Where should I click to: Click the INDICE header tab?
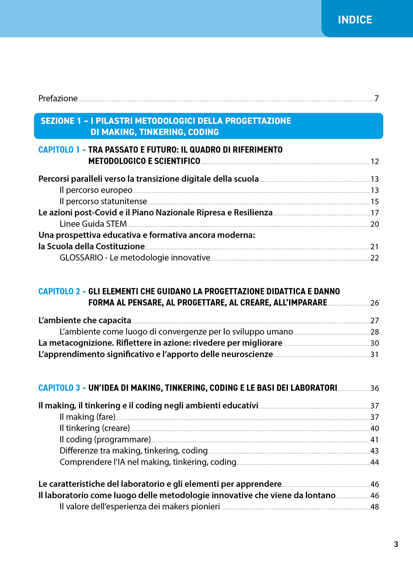click(x=355, y=19)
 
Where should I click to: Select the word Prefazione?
click(x=58, y=98)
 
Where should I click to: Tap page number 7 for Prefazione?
click(x=376, y=98)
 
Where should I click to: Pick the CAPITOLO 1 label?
click(x=59, y=150)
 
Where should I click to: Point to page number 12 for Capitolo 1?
click(x=375, y=161)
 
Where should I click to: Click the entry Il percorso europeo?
click(x=96, y=190)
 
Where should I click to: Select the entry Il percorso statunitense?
click(x=103, y=201)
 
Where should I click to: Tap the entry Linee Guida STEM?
click(x=93, y=224)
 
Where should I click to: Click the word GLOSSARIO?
click(x=81, y=258)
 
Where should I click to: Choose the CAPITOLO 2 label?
click(x=59, y=292)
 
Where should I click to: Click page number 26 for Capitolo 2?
click(x=375, y=303)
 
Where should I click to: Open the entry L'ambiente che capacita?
click(x=85, y=320)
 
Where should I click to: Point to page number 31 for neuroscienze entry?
click(x=375, y=354)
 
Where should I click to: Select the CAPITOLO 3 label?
click(x=59, y=388)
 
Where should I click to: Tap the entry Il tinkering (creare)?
click(x=95, y=428)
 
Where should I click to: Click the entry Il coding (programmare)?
click(x=105, y=439)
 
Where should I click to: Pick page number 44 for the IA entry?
click(x=375, y=462)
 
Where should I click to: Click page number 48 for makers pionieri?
click(x=375, y=507)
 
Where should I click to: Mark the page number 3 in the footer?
click(x=396, y=544)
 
